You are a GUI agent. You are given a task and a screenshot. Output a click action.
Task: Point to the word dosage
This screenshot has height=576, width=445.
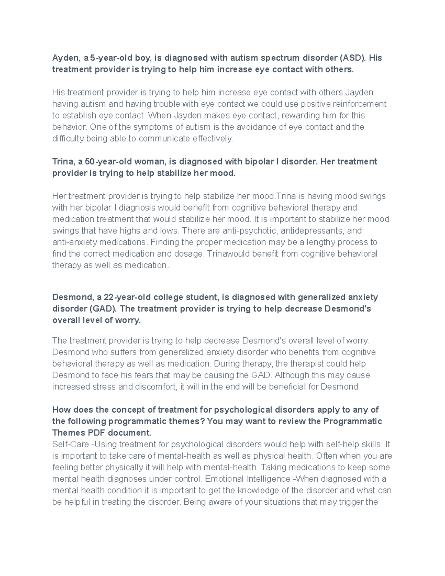pos(188,254)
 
